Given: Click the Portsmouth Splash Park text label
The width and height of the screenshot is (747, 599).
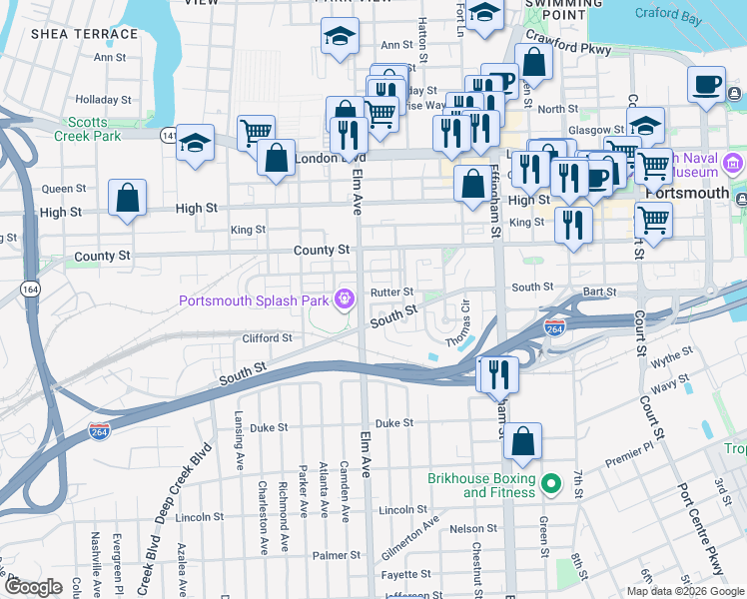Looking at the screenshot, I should [x=255, y=300].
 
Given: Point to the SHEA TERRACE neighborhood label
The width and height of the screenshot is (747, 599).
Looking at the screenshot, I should [x=84, y=34].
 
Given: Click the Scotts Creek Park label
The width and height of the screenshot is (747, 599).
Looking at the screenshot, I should [x=87, y=128].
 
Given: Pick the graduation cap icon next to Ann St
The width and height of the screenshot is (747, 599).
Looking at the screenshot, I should [x=340, y=36].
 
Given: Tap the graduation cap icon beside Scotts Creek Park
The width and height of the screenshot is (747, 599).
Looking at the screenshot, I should [x=195, y=143].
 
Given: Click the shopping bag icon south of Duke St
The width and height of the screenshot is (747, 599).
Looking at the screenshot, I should [x=522, y=440].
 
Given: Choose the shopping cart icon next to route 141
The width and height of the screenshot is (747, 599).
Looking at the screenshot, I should [x=257, y=131].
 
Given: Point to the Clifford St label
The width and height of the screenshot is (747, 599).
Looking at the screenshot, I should [x=267, y=338].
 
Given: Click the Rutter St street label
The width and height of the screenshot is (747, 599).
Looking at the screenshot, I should [x=391, y=293].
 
